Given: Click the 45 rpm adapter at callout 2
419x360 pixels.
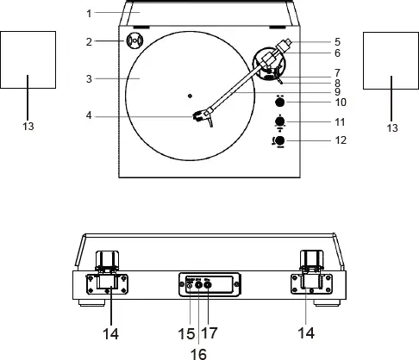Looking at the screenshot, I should (x=134, y=40).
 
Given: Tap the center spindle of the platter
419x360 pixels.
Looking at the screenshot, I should (x=191, y=95).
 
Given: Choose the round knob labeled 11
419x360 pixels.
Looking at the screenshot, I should (x=279, y=121).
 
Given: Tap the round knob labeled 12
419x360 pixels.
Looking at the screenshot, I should (x=279, y=141).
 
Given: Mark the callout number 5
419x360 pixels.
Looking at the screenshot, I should (x=337, y=40).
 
